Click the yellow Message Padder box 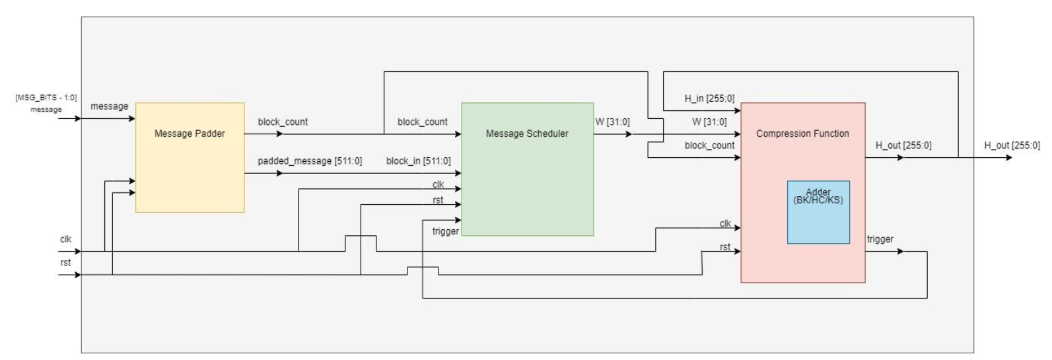click(x=190, y=157)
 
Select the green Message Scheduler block click(x=527, y=169)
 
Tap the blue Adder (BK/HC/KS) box click(x=818, y=212)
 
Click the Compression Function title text click(x=802, y=133)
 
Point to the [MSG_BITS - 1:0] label click(x=46, y=98)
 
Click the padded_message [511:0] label click(x=310, y=161)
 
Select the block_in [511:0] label click(x=419, y=161)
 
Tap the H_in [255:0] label click(x=709, y=98)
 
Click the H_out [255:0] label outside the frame click(x=1012, y=145)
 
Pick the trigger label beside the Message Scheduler click(x=445, y=231)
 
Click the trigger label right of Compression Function click(x=880, y=239)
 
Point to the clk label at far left click(x=65, y=239)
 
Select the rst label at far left click(x=65, y=263)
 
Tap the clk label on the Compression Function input click(x=725, y=223)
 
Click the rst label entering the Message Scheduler click(x=438, y=200)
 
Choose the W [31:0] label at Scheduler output click(x=612, y=122)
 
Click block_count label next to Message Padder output click(x=283, y=122)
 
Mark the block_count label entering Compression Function click(x=709, y=145)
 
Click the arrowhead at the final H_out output click(x=1008, y=158)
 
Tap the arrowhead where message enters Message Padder click(x=132, y=119)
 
